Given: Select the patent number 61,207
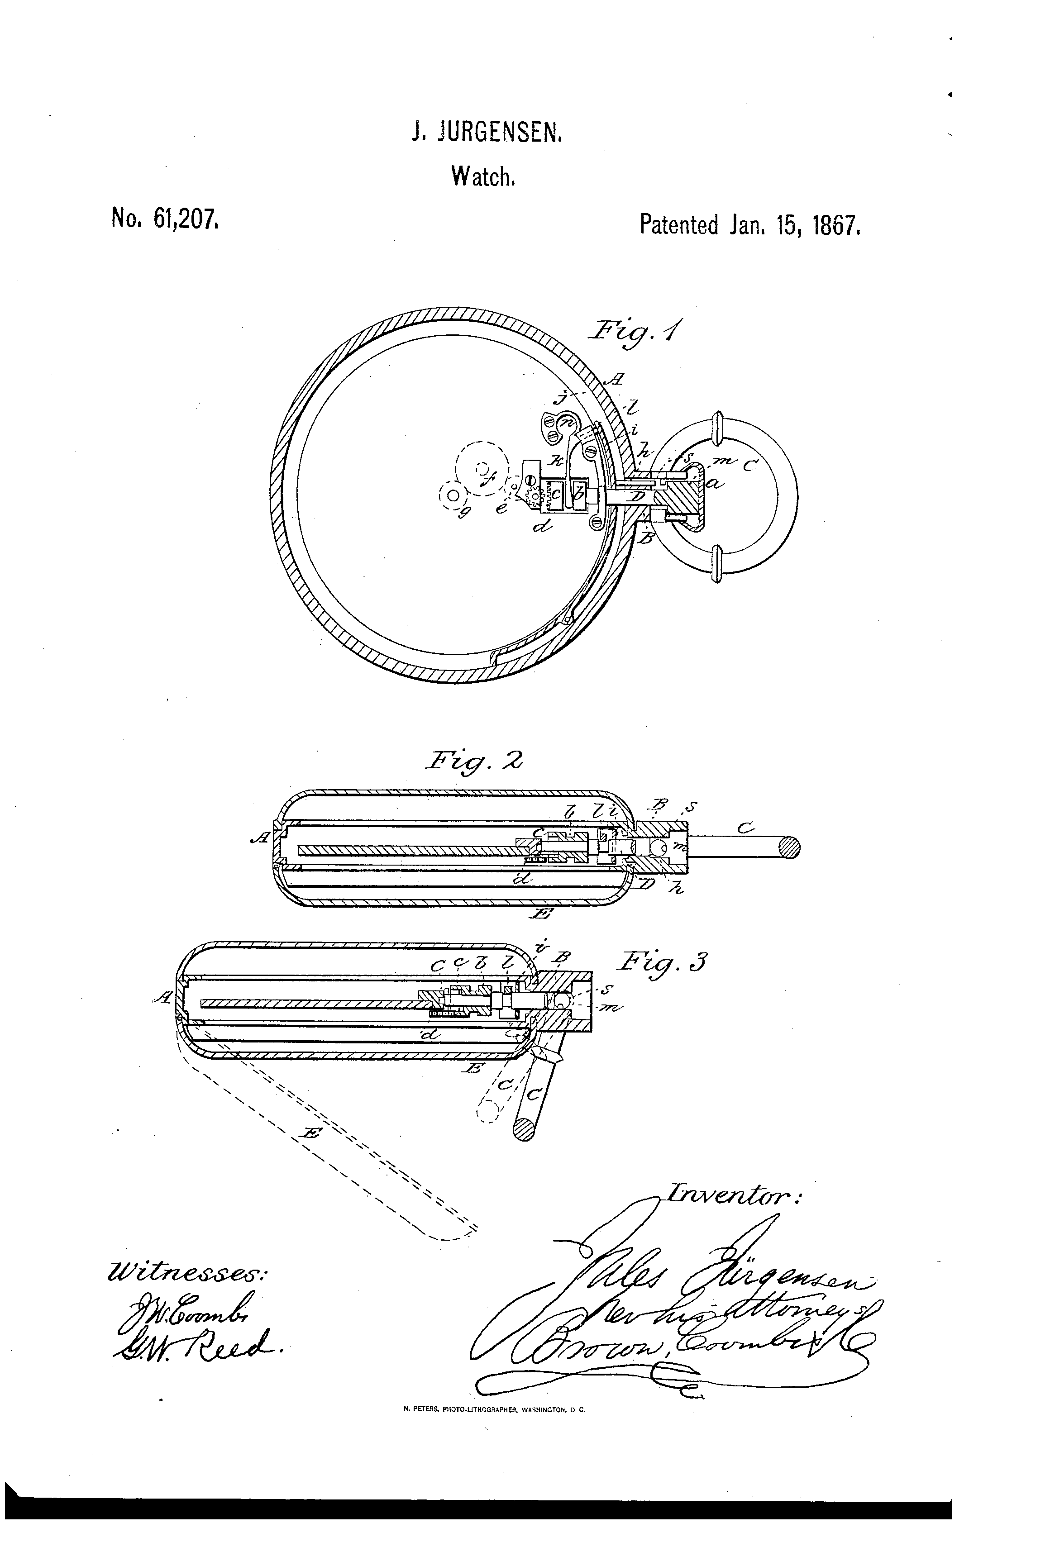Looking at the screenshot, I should point(185,219).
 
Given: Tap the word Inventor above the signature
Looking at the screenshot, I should point(734,1196).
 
